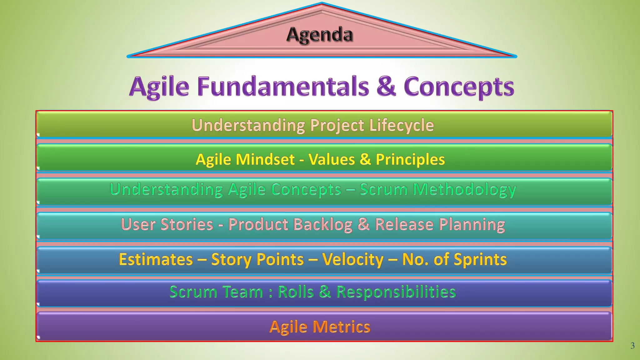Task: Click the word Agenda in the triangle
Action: (320, 34)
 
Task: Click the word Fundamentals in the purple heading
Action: (283, 86)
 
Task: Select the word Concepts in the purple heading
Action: (459, 87)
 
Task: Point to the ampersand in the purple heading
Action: (386, 86)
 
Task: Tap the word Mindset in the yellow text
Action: (265, 159)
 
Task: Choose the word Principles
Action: (410, 159)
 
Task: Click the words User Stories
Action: (167, 224)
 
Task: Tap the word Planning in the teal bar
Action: (472, 225)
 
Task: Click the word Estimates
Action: (156, 259)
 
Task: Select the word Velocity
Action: (352, 259)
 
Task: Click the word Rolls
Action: (295, 292)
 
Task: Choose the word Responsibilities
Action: (396, 292)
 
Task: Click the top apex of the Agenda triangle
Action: (322, 3)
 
